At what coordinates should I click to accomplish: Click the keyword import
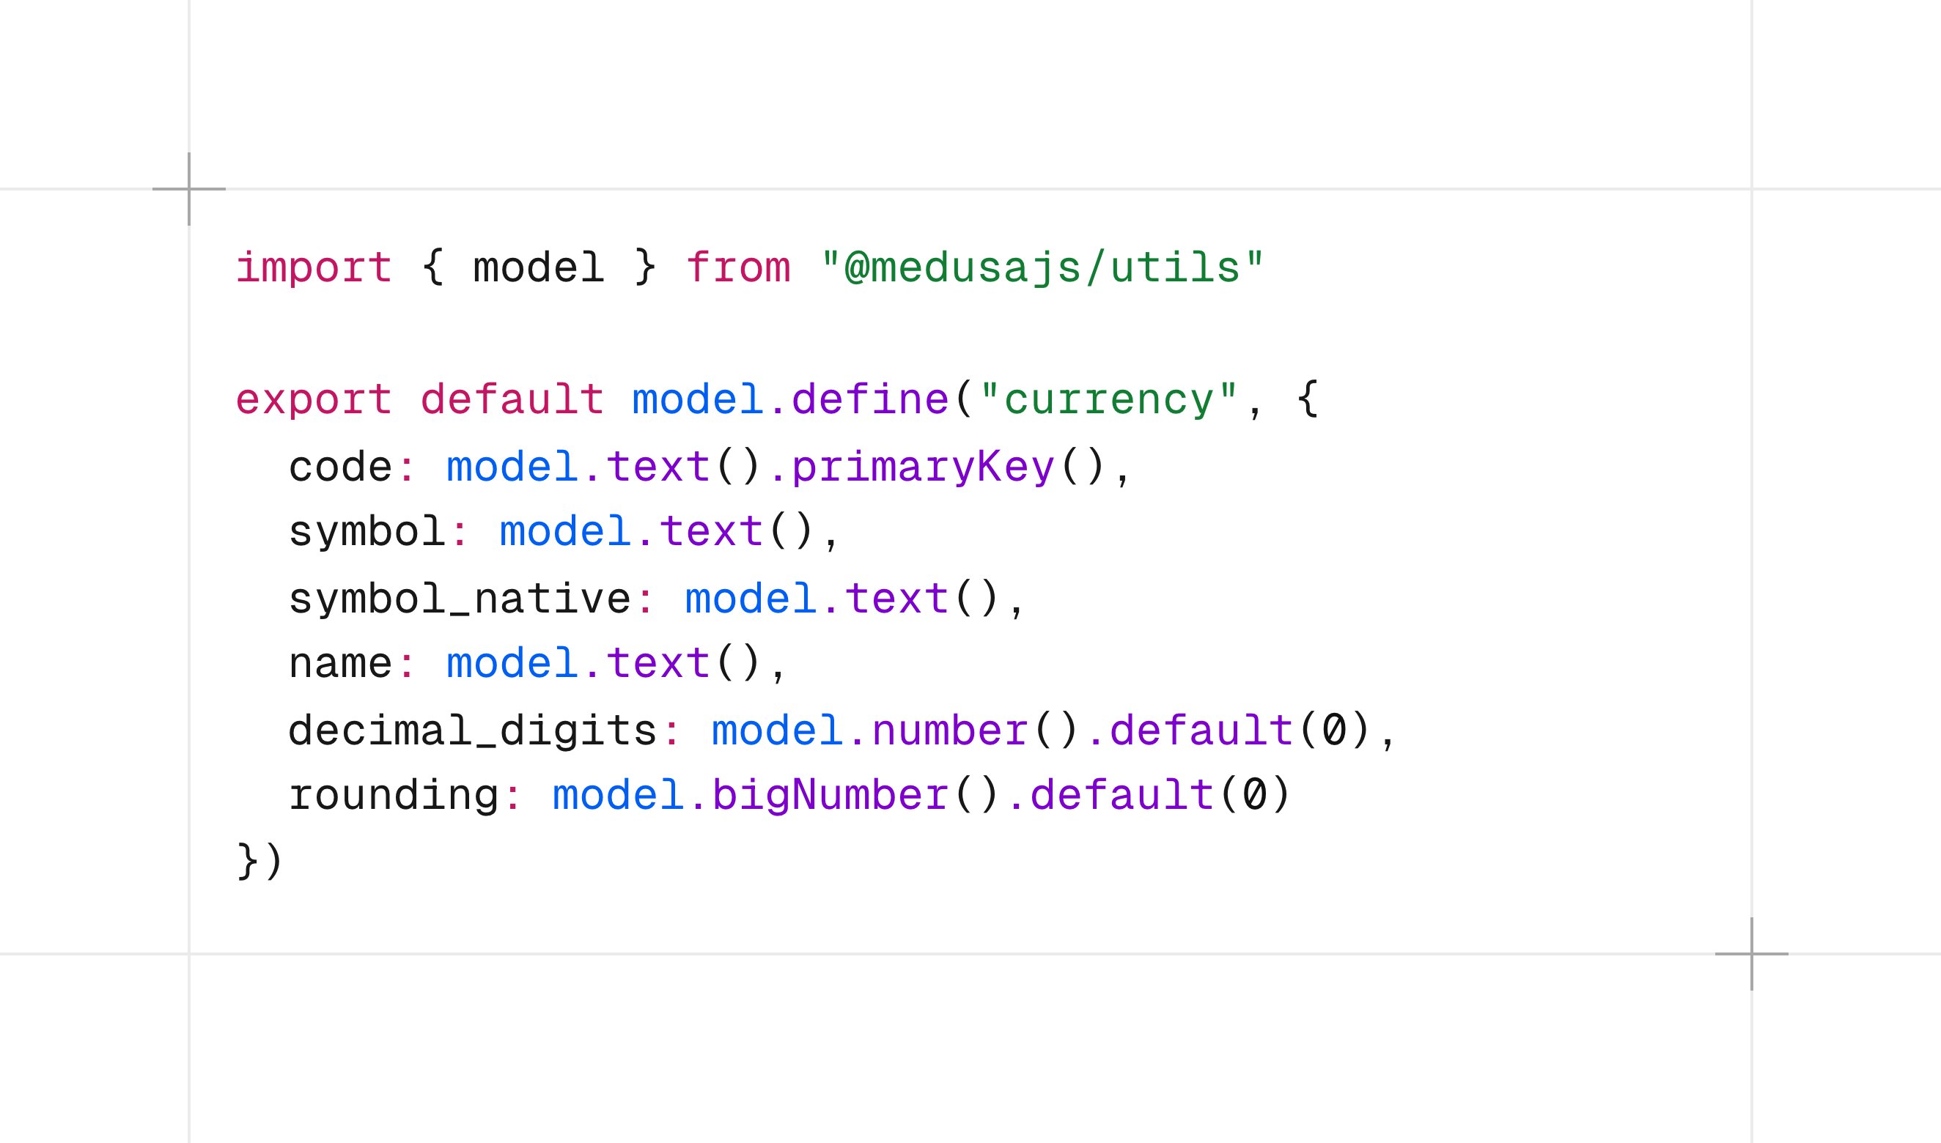(314, 269)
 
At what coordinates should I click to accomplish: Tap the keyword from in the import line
(738, 268)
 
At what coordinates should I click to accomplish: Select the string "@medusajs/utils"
(1042, 269)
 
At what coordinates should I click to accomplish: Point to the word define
(870, 399)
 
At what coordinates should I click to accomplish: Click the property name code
(341, 467)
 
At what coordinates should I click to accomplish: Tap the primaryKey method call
(923, 467)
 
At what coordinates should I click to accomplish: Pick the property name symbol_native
(460, 599)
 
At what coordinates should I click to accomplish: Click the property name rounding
(394, 796)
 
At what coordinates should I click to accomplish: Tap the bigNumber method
(830, 796)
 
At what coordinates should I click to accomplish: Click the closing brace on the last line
(246, 861)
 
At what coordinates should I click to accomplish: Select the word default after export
(512, 399)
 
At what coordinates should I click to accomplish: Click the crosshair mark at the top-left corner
(189, 189)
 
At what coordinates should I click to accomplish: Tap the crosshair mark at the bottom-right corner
(1751, 954)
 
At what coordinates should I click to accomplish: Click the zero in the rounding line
(1253, 794)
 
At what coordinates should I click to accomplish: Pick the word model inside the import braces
(538, 268)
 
